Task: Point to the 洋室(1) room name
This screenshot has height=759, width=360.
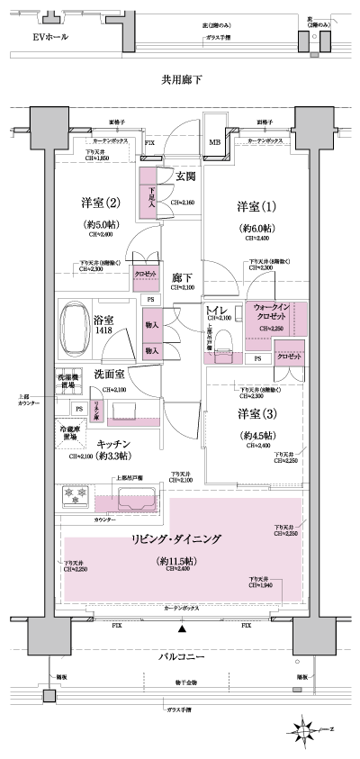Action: point(256,205)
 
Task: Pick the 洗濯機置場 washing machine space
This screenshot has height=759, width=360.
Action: point(71,379)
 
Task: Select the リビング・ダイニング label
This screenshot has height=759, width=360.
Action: point(181,540)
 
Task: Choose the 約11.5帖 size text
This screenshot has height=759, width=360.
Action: point(181,561)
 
